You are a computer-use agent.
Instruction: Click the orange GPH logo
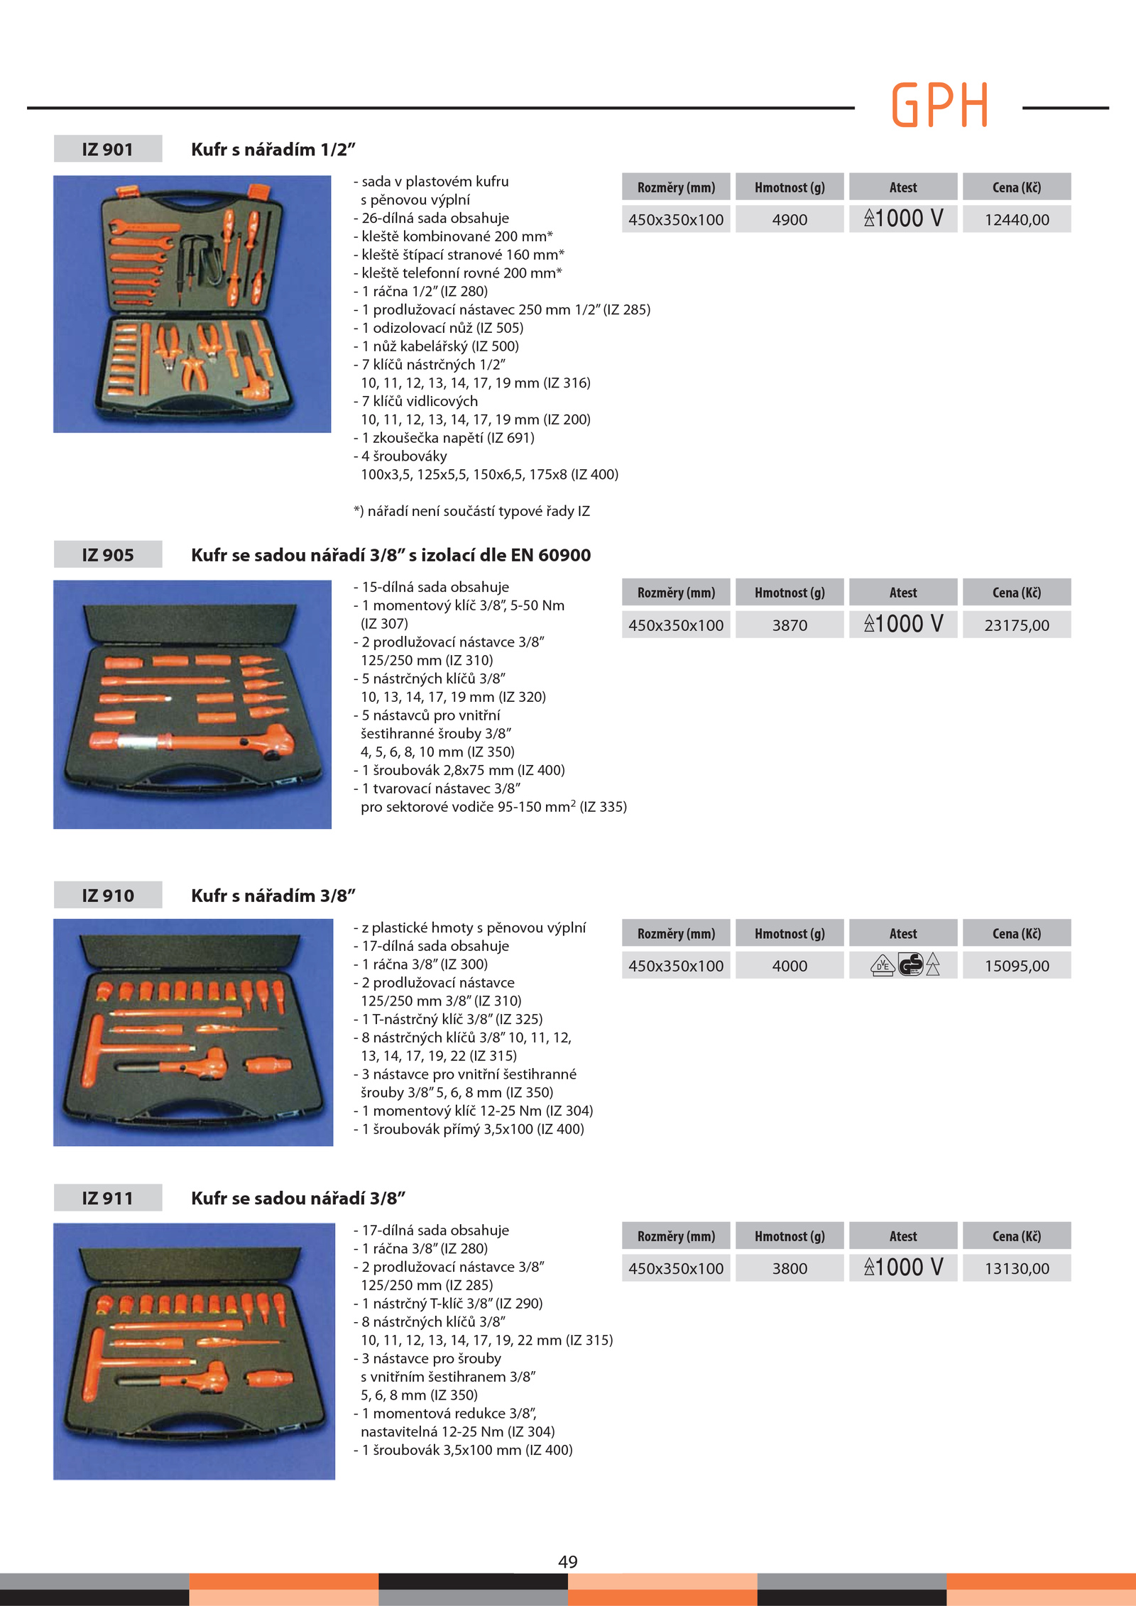tap(939, 104)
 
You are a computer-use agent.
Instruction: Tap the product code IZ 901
tap(107, 149)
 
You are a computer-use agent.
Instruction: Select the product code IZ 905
tap(108, 555)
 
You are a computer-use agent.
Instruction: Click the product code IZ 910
tap(108, 896)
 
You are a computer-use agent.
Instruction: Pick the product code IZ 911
tap(107, 1198)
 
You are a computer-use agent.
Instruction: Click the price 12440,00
tap(1017, 220)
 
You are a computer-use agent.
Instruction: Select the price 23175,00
tap(1017, 625)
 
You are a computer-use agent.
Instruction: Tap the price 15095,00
tap(1017, 966)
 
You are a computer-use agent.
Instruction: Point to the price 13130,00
tap(1017, 1268)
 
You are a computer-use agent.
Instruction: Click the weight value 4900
tap(790, 220)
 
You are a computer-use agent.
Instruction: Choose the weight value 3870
tap(790, 625)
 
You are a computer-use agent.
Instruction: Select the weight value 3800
tap(790, 1268)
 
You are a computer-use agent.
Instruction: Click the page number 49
tap(568, 1561)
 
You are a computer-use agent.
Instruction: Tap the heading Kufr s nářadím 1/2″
tap(273, 150)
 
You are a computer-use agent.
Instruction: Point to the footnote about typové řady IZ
tap(471, 511)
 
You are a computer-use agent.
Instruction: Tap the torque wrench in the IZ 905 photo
tap(192, 742)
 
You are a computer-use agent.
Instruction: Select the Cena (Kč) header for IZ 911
tap(1017, 1236)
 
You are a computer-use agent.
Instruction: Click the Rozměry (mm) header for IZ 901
tap(676, 187)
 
